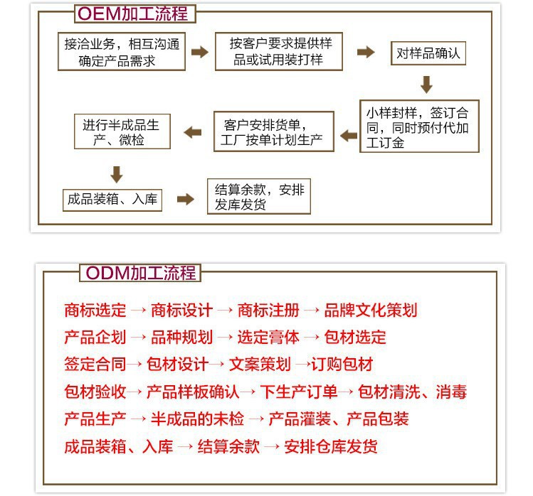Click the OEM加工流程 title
coord(135,14)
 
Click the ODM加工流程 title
coord(140,273)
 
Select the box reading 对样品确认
coord(428,53)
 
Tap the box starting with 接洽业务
coord(122,52)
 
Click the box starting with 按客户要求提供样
coord(279,52)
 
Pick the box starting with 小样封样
coord(419,126)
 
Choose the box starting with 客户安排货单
coord(274,131)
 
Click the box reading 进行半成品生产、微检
coord(122,131)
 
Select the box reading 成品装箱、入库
coord(112,200)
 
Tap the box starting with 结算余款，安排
coord(259,196)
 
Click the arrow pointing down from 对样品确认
coord(426,85)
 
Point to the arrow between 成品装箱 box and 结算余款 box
coord(186,199)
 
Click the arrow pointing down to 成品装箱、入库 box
coord(117,175)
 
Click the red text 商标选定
coord(95,311)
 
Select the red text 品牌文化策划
coord(371,311)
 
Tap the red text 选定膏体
coord(268,338)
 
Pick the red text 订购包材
coord(342,365)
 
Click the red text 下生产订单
coord(299,392)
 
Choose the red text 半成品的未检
coord(197,419)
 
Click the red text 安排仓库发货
coord(331,446)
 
